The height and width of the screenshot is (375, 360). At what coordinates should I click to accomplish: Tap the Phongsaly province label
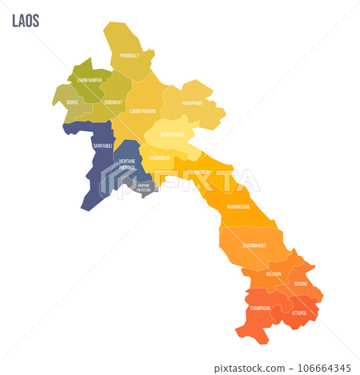129,56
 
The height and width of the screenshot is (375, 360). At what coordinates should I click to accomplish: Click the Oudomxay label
113,102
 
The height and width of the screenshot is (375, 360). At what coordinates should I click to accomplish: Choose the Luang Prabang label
142,111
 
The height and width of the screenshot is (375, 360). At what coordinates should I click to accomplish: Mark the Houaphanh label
191,103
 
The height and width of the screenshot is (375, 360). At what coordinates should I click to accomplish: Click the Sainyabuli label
102,146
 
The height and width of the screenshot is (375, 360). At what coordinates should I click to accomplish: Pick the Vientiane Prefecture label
143,186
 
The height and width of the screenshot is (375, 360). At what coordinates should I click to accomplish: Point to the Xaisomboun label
159,158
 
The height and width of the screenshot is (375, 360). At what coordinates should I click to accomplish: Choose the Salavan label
274,273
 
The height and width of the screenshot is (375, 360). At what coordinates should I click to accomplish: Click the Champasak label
259,307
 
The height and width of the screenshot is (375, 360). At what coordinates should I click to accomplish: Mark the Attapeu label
298,313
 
